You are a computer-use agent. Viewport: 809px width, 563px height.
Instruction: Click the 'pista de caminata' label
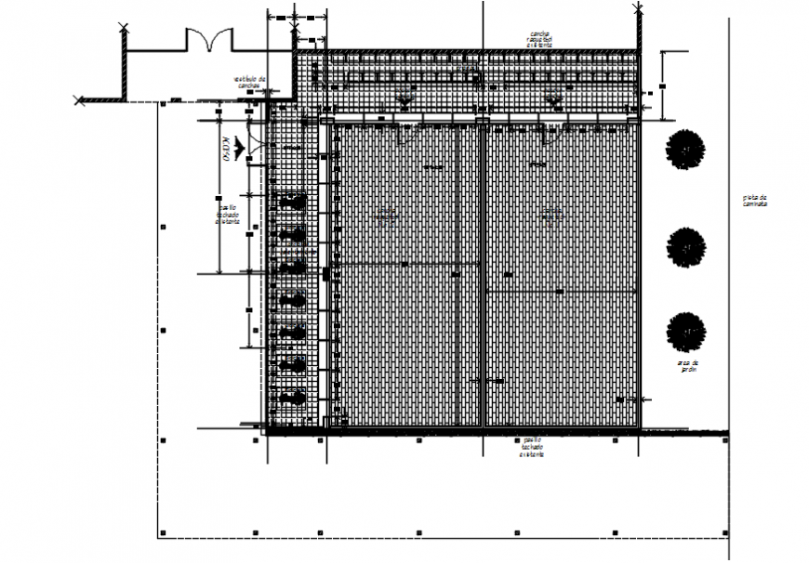(755, 200)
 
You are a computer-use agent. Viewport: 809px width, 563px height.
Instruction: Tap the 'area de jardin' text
(687, 366)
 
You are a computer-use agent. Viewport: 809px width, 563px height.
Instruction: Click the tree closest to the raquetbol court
(685, 150)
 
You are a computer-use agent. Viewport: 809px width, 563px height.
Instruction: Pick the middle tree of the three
(686, 246)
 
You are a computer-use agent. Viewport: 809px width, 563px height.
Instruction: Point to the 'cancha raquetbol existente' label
(539, 38)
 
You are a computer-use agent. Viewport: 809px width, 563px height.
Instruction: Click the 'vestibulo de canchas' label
(250, 84)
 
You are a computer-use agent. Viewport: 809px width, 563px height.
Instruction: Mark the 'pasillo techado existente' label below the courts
(533, 447)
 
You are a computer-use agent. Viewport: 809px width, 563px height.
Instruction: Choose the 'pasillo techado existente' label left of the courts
(228, 215)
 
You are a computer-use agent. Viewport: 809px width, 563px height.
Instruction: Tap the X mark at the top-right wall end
(637, 8)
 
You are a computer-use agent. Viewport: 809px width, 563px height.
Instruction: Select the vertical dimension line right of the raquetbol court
(662, 85)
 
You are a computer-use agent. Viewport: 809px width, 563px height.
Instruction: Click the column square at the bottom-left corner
(163, 533)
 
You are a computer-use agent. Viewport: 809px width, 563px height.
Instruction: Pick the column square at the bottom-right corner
(724, 533)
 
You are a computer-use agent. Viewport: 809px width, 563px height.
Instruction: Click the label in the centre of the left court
(386, 216)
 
